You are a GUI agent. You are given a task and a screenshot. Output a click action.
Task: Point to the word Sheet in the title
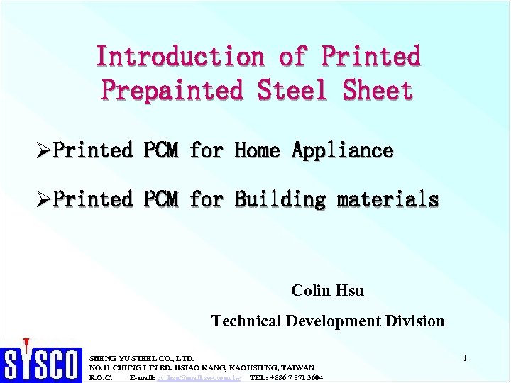pyautogui.click(x=378, y=91)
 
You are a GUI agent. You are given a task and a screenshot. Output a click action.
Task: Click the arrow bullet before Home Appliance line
pyautogui.click(x=44, y=150)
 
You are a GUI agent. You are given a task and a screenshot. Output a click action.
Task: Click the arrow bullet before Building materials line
pyautogui.click(x=44, y=200)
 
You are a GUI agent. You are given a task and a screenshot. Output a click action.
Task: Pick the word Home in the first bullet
pyautogui.click(x=257, y=150)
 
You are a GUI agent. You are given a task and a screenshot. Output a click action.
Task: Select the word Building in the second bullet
pyautogui.click(x=280, y=200)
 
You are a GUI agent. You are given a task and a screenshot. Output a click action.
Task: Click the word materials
pyautogui.click(x=388, y=200)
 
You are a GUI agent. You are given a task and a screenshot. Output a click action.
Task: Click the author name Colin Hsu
pyautogui.click(x=327, y=290)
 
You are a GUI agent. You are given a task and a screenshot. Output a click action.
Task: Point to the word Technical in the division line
pyautogui.click(x=246, y=321)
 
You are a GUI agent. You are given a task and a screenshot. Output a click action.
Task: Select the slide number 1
pyautogui.click(x=464, y=358)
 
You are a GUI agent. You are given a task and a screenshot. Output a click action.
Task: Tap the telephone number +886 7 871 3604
pyautogui.click(x=297, y=378)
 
